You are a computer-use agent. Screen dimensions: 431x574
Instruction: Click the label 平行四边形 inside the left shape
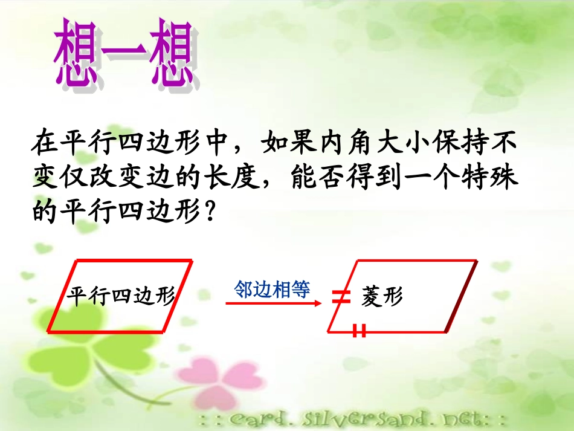121,296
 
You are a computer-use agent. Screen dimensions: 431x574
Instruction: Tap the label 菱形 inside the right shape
382,296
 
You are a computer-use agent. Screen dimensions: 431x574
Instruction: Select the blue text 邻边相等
272,290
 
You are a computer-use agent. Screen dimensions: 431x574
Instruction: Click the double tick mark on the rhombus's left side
341,296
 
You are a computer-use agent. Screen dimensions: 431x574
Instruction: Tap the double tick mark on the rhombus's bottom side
360,331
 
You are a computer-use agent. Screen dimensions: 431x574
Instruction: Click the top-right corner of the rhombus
477,261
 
